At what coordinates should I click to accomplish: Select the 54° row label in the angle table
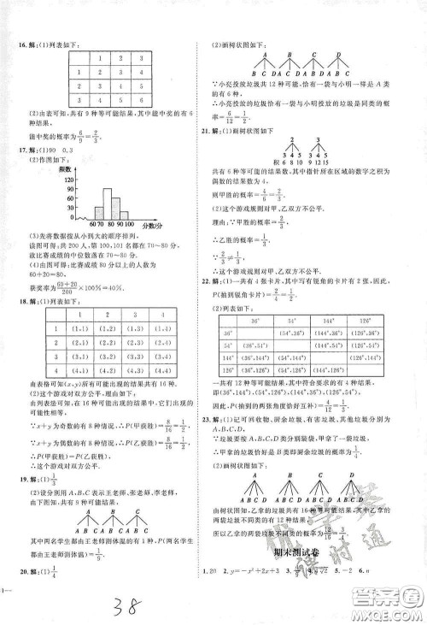(x=229, y=346)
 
